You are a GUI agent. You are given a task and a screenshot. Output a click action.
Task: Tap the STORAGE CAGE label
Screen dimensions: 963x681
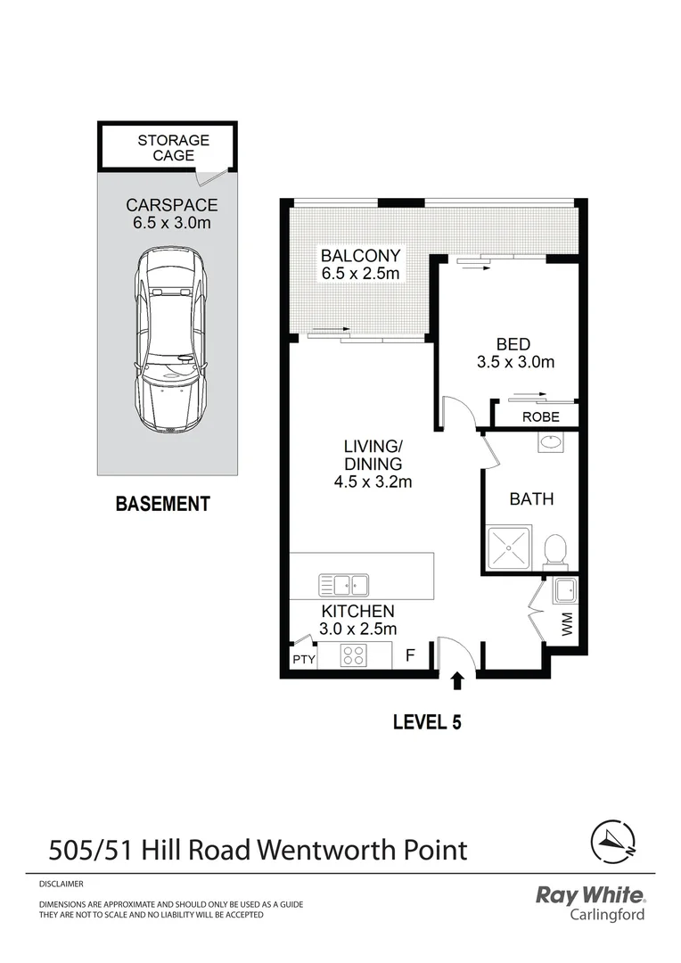tap(173, 148)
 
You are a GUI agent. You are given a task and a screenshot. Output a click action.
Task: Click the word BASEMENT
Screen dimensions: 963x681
tap(163, 504)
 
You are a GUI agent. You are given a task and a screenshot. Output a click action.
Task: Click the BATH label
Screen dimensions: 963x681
tap(531, 499)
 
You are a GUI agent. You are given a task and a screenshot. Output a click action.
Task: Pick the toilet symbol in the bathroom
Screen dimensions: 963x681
tap(555, 549)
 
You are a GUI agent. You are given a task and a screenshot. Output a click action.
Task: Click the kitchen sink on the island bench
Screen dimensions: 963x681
tap(344, 586)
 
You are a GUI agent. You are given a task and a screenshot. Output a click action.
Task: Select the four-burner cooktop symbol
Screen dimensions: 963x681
tap(354, 655)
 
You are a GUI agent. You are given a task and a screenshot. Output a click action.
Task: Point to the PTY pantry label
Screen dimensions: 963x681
tap(304, 660)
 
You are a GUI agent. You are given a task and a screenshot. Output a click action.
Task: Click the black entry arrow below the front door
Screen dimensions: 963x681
tap(457, 681)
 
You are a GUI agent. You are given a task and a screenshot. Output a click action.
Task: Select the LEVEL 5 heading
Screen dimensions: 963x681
tap(427, 722)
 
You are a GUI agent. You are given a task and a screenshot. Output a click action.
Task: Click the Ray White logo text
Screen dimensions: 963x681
tap(589, 895)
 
